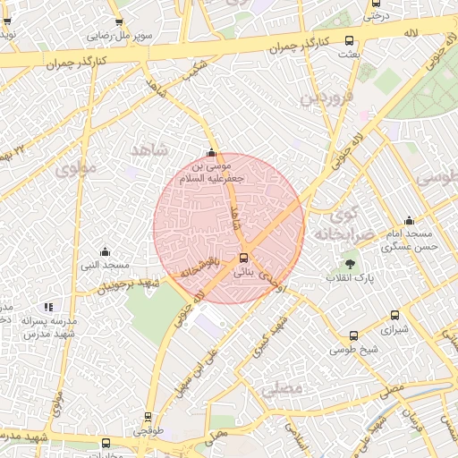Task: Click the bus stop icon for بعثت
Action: pyautogui.click(x=349, y=40)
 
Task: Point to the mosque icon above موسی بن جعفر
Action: pyautogui.click(x=211, y=152)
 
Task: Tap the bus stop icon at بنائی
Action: pyautogui.click(x=243, y=259)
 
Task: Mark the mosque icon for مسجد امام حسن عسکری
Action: pyautogui.click(x=410, y=221)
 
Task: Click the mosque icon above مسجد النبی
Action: pyautogui.click(x=106, y=251)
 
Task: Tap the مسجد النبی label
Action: pyautogui.click(x=106, y=266)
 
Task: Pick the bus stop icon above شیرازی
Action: pyautogui.click(x=394, y=316)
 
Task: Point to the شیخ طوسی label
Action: pyautogui.click(x=352, y=348)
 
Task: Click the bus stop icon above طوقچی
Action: pyautogui.click(x=147, y=417)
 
